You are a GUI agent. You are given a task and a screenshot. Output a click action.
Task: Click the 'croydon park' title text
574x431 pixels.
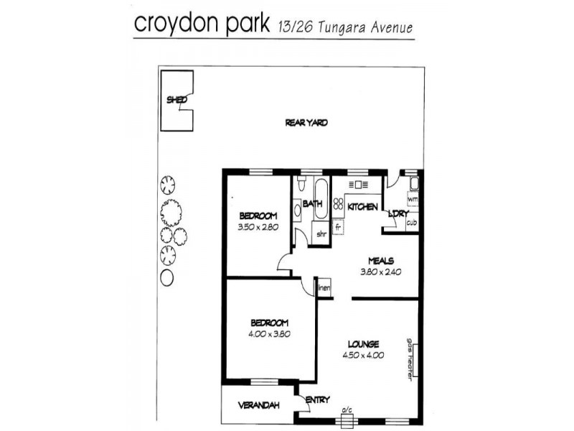[x=202, y=24]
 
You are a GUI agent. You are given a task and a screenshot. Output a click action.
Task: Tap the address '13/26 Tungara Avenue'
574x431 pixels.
[x=345, y=28]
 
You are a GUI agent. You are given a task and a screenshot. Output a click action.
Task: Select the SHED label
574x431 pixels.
[x=177, y=100]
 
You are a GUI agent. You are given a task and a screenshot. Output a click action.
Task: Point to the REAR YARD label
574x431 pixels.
[x=306, y=123]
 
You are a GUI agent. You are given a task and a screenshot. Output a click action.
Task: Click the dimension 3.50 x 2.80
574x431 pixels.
[x=258, y=228]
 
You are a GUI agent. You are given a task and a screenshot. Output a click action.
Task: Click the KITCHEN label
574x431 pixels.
[x=362, y=207]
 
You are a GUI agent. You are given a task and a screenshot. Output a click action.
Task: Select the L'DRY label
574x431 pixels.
[x=398, y=213]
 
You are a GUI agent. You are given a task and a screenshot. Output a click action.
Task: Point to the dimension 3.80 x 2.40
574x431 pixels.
[x=382, y=272]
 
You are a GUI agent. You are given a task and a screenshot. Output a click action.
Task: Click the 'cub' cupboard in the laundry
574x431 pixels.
[x=412, y=222]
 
